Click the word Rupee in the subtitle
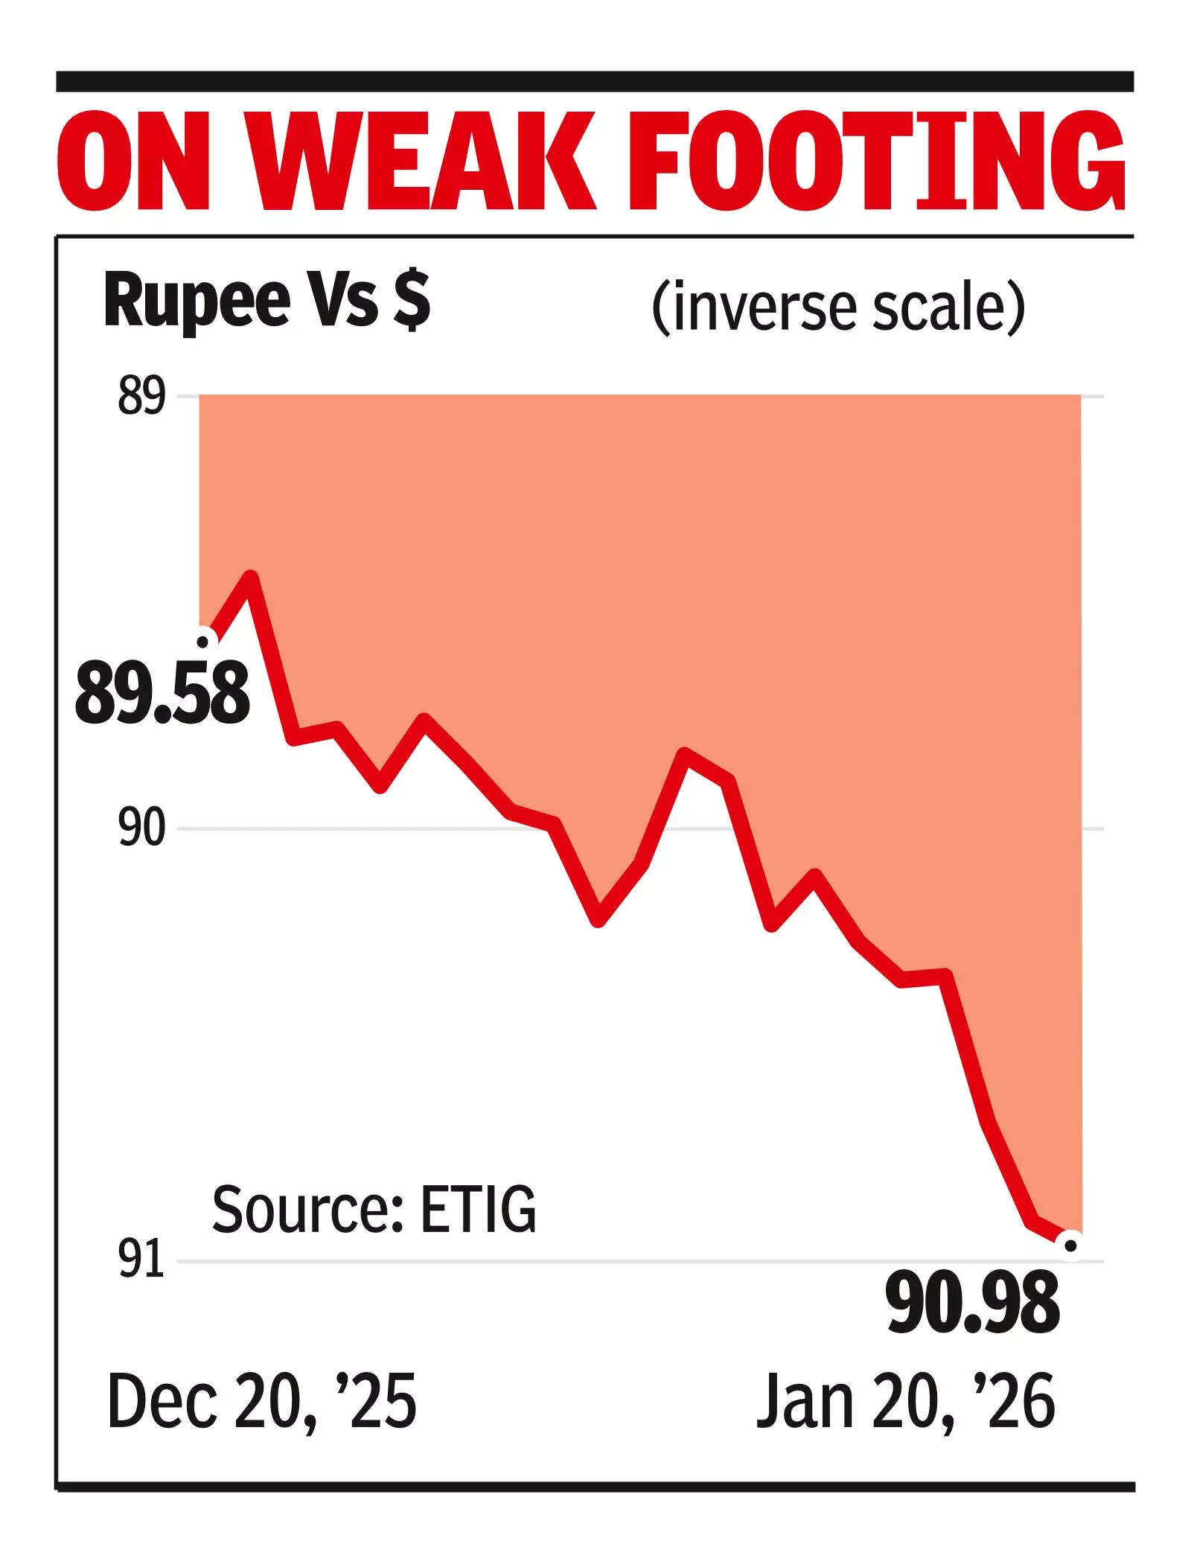197,301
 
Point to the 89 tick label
141,398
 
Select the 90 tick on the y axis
141,829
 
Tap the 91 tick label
141,1260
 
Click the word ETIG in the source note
478,1210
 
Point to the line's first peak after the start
252,577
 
